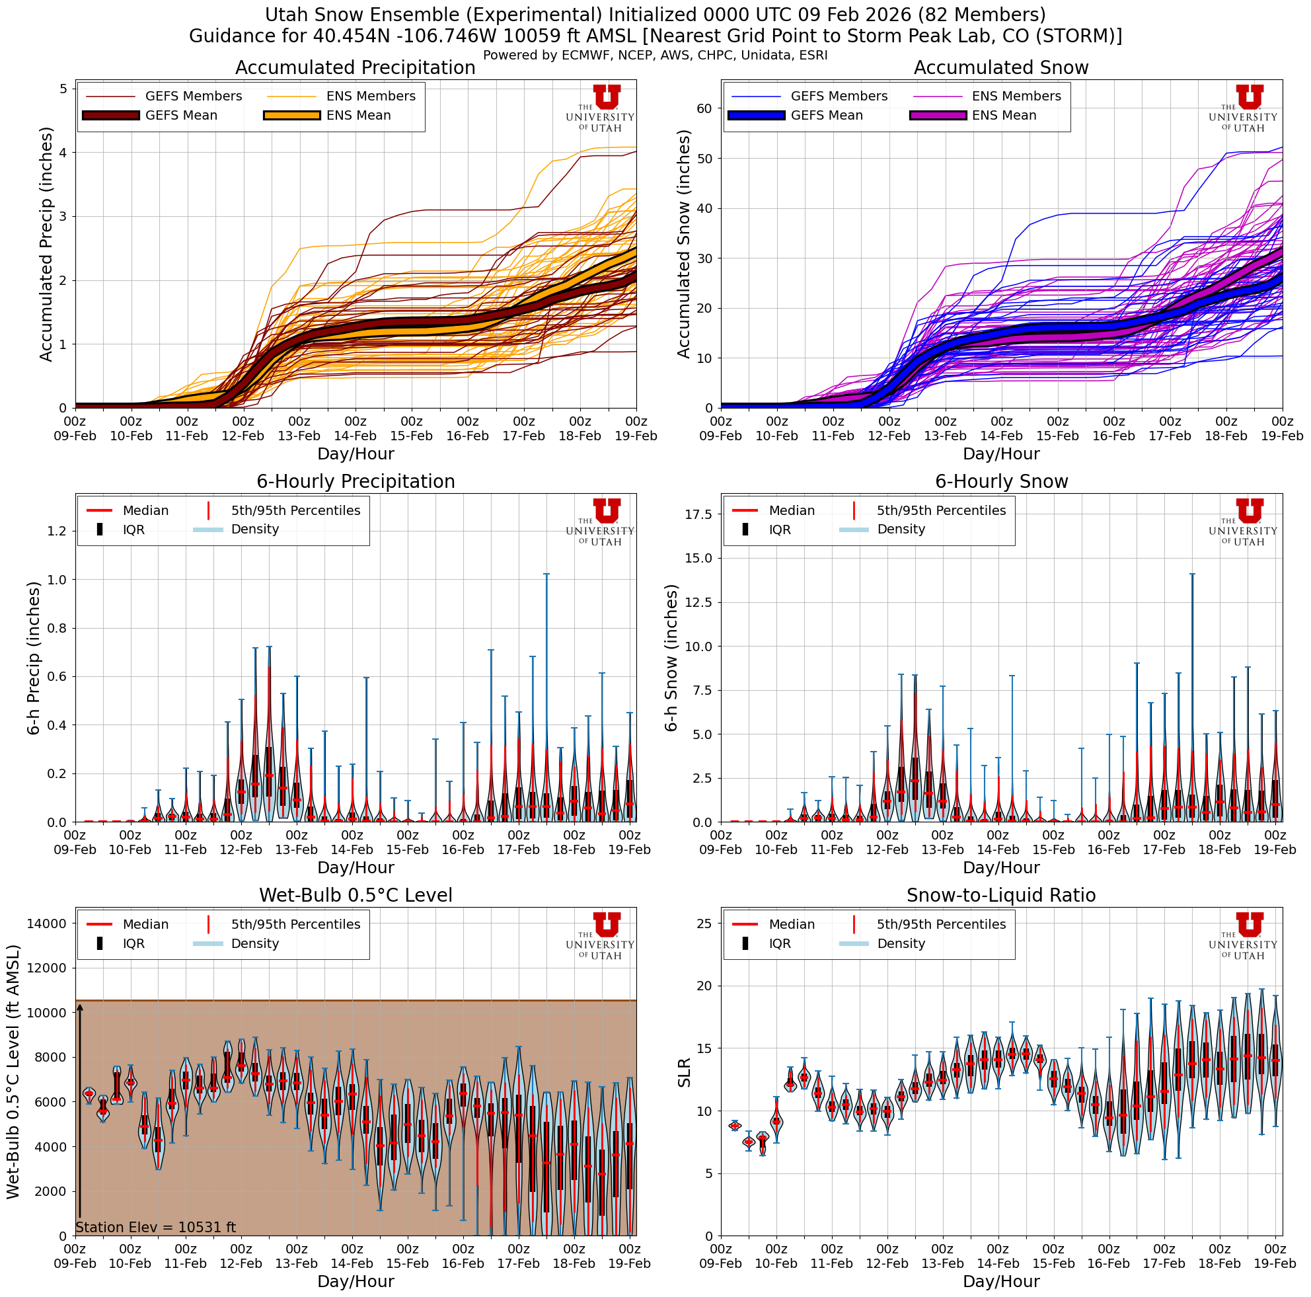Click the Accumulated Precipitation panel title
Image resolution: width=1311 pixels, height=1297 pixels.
point(355,68)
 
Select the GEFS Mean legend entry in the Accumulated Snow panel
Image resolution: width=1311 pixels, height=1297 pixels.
point(826,116)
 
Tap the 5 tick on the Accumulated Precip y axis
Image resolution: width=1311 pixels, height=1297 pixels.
point(62,89)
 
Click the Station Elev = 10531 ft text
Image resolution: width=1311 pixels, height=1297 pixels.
point(155,1226)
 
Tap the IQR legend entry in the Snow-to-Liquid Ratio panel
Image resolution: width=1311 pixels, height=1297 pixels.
point(780,943)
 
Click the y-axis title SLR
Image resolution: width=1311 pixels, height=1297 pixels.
point(684,1072)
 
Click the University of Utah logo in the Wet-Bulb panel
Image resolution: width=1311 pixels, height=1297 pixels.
point(600,935)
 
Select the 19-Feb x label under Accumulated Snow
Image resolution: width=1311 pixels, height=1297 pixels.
point(1281,436)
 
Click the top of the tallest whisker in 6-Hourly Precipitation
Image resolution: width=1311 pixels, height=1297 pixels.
point(546,574)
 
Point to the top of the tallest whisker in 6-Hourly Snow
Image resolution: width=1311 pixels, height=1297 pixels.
point(1192,574)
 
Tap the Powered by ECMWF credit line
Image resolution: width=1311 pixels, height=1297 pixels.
point(655,55)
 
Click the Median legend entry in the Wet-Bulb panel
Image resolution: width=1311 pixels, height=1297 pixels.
point(145,924)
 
